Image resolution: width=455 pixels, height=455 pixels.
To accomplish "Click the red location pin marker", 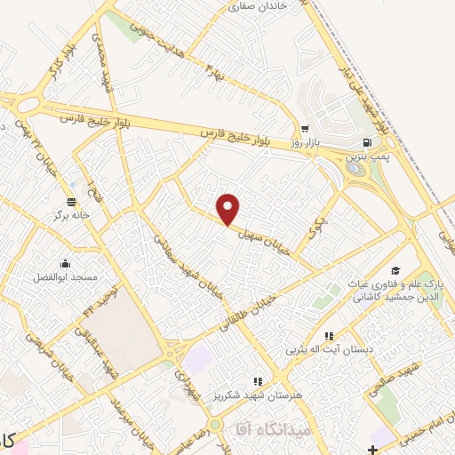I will point(229,209).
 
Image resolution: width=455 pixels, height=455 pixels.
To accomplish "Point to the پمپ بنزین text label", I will point(366,156).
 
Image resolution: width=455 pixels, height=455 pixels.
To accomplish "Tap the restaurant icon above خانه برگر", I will point(72,201).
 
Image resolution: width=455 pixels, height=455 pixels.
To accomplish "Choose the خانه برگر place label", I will point(72,215).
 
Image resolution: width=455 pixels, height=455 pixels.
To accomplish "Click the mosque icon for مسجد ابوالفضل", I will point(65,263).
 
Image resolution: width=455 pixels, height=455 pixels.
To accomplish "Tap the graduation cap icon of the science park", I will point(395,270).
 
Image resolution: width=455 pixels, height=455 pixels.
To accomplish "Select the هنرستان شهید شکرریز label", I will point(259,395).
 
